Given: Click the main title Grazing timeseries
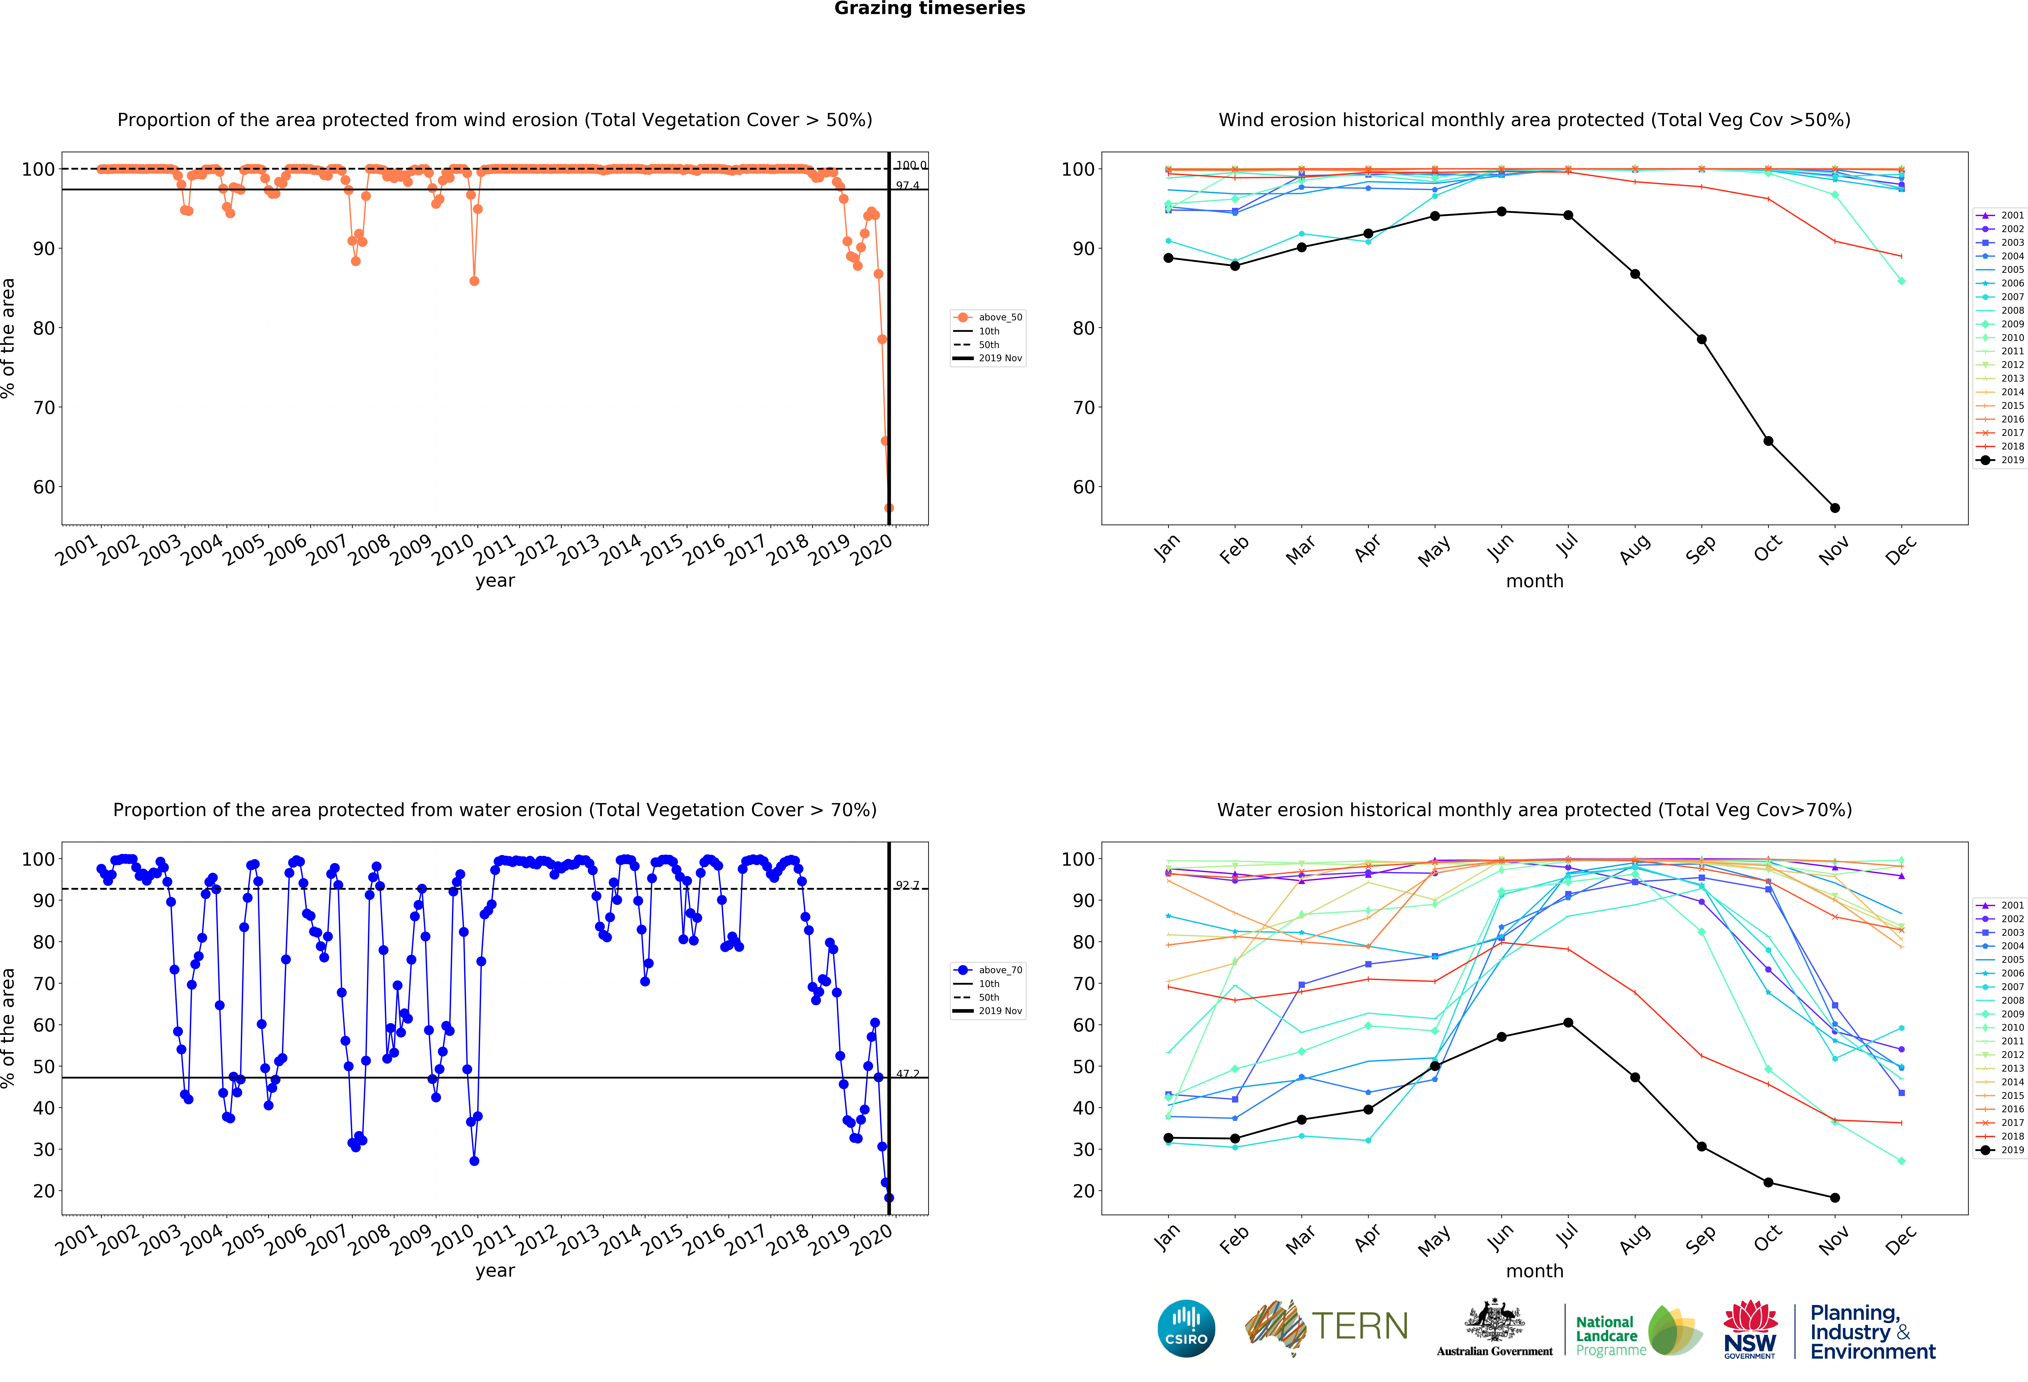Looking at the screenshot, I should point(929,9).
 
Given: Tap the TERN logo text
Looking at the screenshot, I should point(1360,1326).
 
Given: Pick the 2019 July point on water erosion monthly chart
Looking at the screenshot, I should point(1568,1022).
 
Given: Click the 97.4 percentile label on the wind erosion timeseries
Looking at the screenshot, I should point(907,186).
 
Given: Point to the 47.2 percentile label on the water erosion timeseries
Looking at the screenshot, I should point(907,1074).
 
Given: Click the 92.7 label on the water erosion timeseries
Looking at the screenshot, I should point(907,886).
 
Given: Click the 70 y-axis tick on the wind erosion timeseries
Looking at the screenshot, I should point(44,408).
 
